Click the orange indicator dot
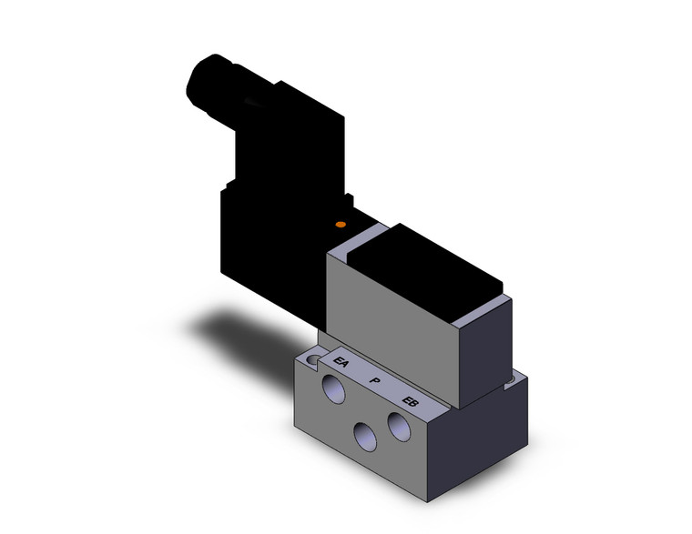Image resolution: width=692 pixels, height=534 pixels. click(341, 224)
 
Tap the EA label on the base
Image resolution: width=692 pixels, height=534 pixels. click(342, 364)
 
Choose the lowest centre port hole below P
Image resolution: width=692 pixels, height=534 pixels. click(366, 437)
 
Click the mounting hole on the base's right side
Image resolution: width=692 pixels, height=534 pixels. click(521, 377)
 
